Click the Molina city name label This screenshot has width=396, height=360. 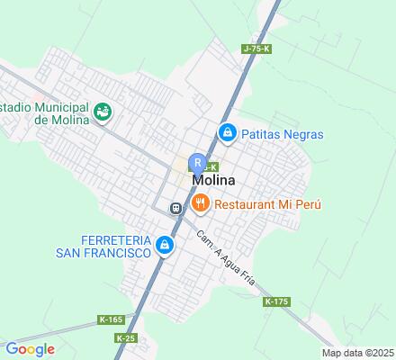point(218,180)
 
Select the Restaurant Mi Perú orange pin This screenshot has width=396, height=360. point(201,204)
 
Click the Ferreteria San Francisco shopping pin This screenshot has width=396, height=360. point(164,245)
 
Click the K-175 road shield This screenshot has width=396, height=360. point(276,301)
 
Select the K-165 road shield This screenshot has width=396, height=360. point(111,319)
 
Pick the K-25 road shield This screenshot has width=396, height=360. point(126,337)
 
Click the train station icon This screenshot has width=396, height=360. point(176,208)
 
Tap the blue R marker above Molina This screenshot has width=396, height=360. point(197,163)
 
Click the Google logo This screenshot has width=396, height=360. point(29,349)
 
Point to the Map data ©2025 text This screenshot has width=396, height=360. point(358,353)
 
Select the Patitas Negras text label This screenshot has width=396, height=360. point(283,135)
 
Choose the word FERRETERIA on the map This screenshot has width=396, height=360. point(101,239)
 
